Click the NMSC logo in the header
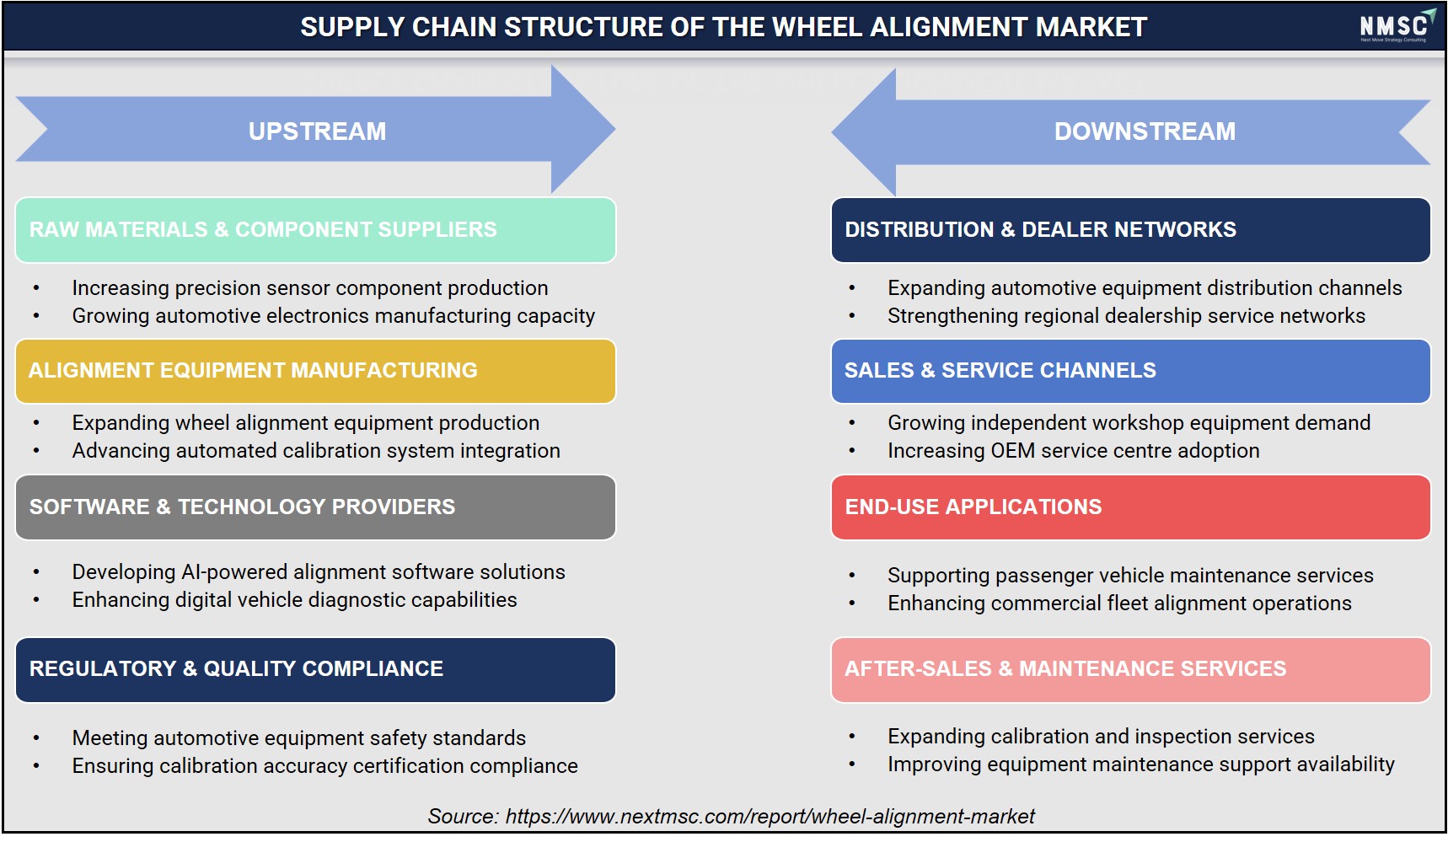coord(1397,26)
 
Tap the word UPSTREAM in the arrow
coord(317,131)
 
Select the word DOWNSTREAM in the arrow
coord(1145,131)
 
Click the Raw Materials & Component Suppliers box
coord(315,230)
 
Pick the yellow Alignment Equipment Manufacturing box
coord(315,371)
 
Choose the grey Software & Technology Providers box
coord(315,507)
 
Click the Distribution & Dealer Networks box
coord(1130,230)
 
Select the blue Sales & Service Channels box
coord(1130,371)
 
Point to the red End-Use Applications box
coord(1130,507)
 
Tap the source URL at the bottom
coord(770,816)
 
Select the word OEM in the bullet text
coord(1012,451)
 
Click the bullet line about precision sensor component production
coord(310,288)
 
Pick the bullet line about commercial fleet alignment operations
coord(1119,603)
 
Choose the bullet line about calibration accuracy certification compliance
coord(325,766)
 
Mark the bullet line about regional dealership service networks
coord(1126,316)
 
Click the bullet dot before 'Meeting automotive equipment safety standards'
coord(36,739)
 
